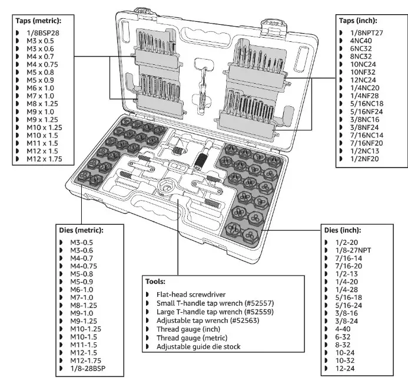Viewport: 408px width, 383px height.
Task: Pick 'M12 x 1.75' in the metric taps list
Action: pos(42,159)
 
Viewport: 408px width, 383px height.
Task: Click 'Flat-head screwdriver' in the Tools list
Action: pos(192,294)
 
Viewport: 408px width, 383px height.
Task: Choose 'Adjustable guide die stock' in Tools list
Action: pos(200,346)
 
